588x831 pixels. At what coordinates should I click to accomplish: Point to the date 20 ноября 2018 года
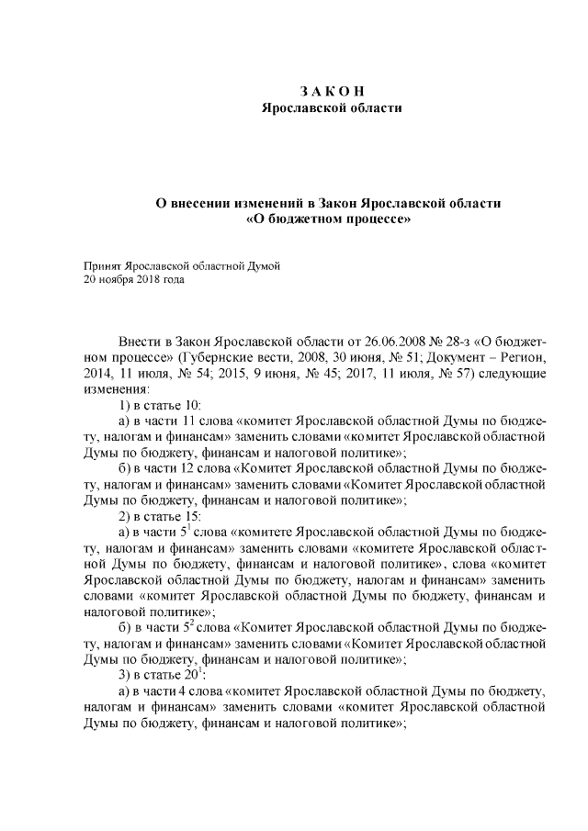(134, 280)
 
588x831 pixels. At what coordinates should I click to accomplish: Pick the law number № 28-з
(442, 342)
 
